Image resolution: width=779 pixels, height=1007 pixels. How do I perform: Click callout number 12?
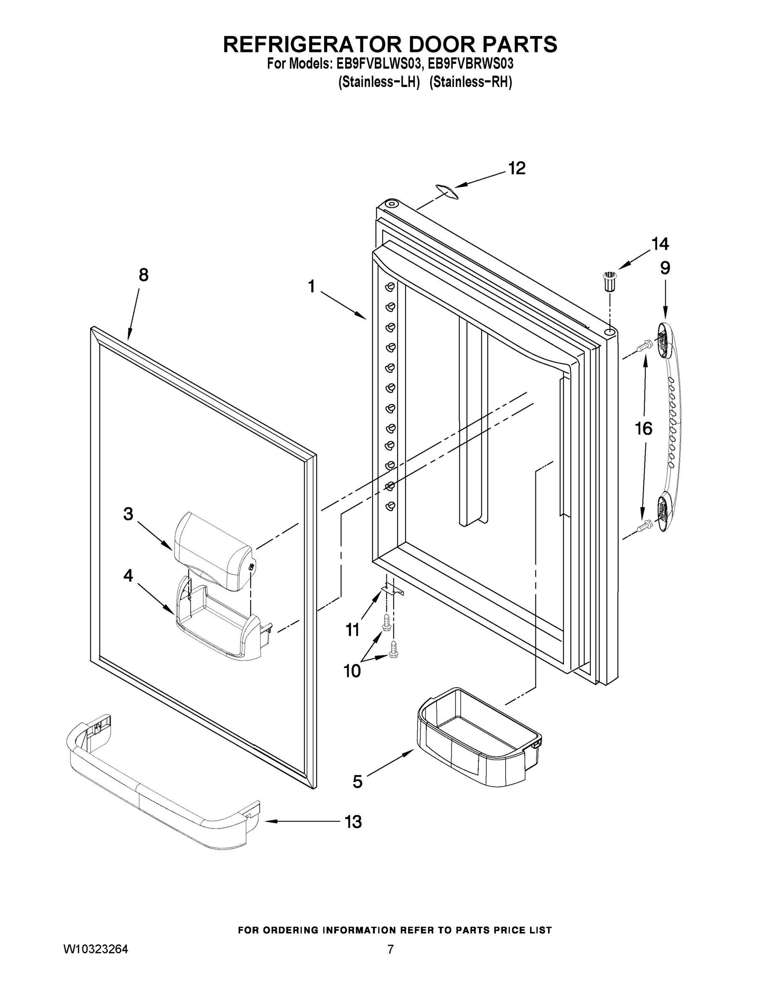coord(517,168)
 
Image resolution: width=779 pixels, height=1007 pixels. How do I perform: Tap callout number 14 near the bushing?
coord(660,244)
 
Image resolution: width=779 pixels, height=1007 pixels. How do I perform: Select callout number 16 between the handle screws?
coord(644,429)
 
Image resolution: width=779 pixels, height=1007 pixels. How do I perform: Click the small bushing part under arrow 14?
coord(610,281)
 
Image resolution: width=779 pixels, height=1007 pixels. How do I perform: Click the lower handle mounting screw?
coord(643,525)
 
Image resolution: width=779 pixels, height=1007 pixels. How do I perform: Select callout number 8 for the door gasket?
coord(144,275)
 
